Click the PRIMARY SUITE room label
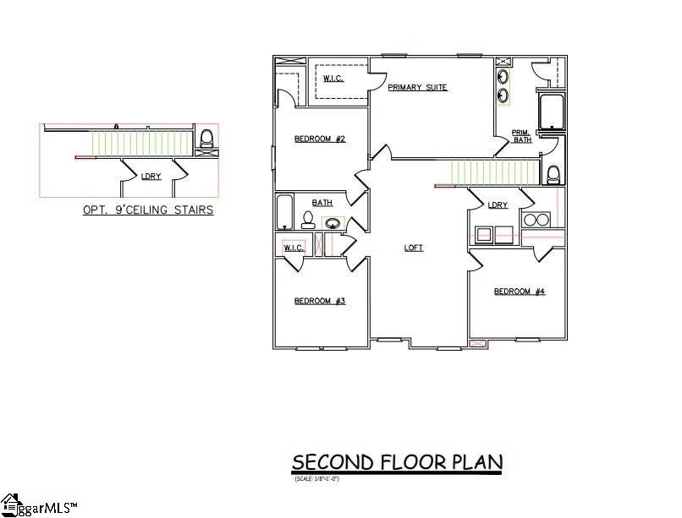point(417,88)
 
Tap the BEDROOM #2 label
point(319,139)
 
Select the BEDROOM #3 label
point(319,301)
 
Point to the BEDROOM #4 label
point(520,292)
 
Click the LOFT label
point(413,248)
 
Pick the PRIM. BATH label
point(522,136)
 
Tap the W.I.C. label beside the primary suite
point(332,79)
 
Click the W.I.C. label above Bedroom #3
point(294,248)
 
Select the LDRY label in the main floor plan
point(498,205)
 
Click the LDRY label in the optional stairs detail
point(151,177)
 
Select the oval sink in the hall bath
point(334,224)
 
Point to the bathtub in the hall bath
point(284,212)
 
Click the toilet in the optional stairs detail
point(206,138)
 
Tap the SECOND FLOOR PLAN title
point(397,462)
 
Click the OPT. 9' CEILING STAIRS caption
point(147,210)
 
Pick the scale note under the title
point(316,479)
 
